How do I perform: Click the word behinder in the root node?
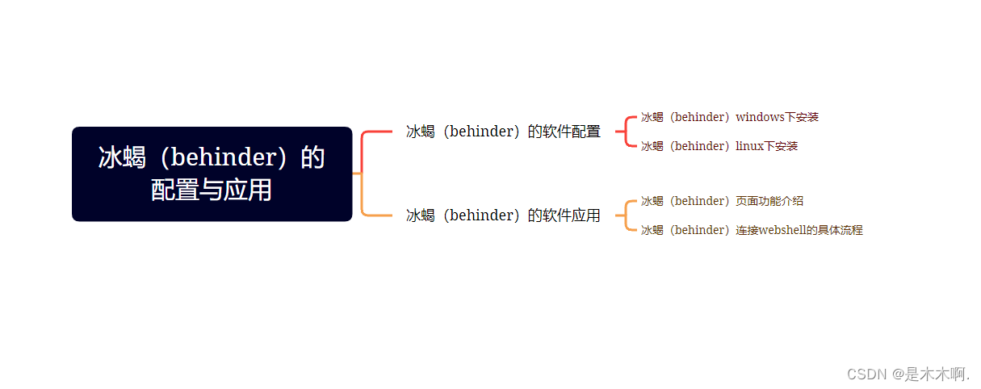pyautogui.click(x=224, y=157)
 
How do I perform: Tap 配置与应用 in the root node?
pyautogui.click(x=212, y=190)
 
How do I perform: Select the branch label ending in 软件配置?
pyautogui.click(x=503, y=132)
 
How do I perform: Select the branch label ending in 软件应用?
pyautogui.click(x=503, y=215)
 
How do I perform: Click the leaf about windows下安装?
pyautogui.click(x=730, y=117)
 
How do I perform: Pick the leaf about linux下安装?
pyautogui.click(x=719, y=146)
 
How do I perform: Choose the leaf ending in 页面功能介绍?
pyautogui.click(x=722, y=201)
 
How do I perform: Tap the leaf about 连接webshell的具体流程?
pyautogui.click(x=752, y=230)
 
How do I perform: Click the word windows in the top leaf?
pyautogui.click(x=760, y=117)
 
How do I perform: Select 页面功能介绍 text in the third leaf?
pyautogui.click(x=769, y=201)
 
